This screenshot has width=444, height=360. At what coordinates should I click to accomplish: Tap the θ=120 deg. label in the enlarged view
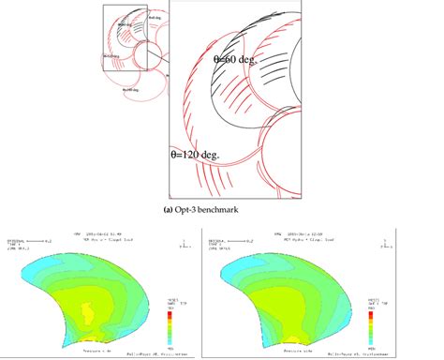194,150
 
